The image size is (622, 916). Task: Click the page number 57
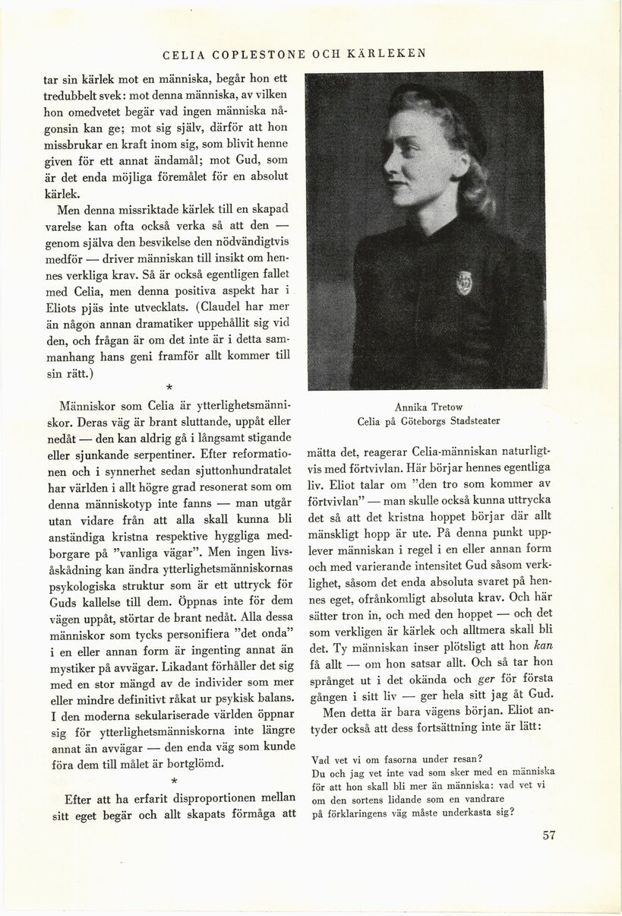pos(551,836)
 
